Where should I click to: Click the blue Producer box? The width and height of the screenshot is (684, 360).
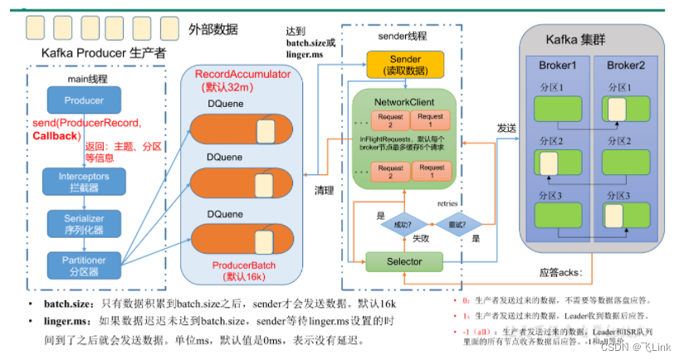point(83,101)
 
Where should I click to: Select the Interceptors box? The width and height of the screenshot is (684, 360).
point(83,181)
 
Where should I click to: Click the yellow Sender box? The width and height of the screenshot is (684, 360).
point(405,64)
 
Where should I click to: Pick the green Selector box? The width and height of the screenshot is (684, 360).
point(405,261)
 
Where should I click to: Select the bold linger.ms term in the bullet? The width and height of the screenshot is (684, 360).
point(66,320)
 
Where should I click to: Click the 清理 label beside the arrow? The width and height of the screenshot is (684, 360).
point(325,189)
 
